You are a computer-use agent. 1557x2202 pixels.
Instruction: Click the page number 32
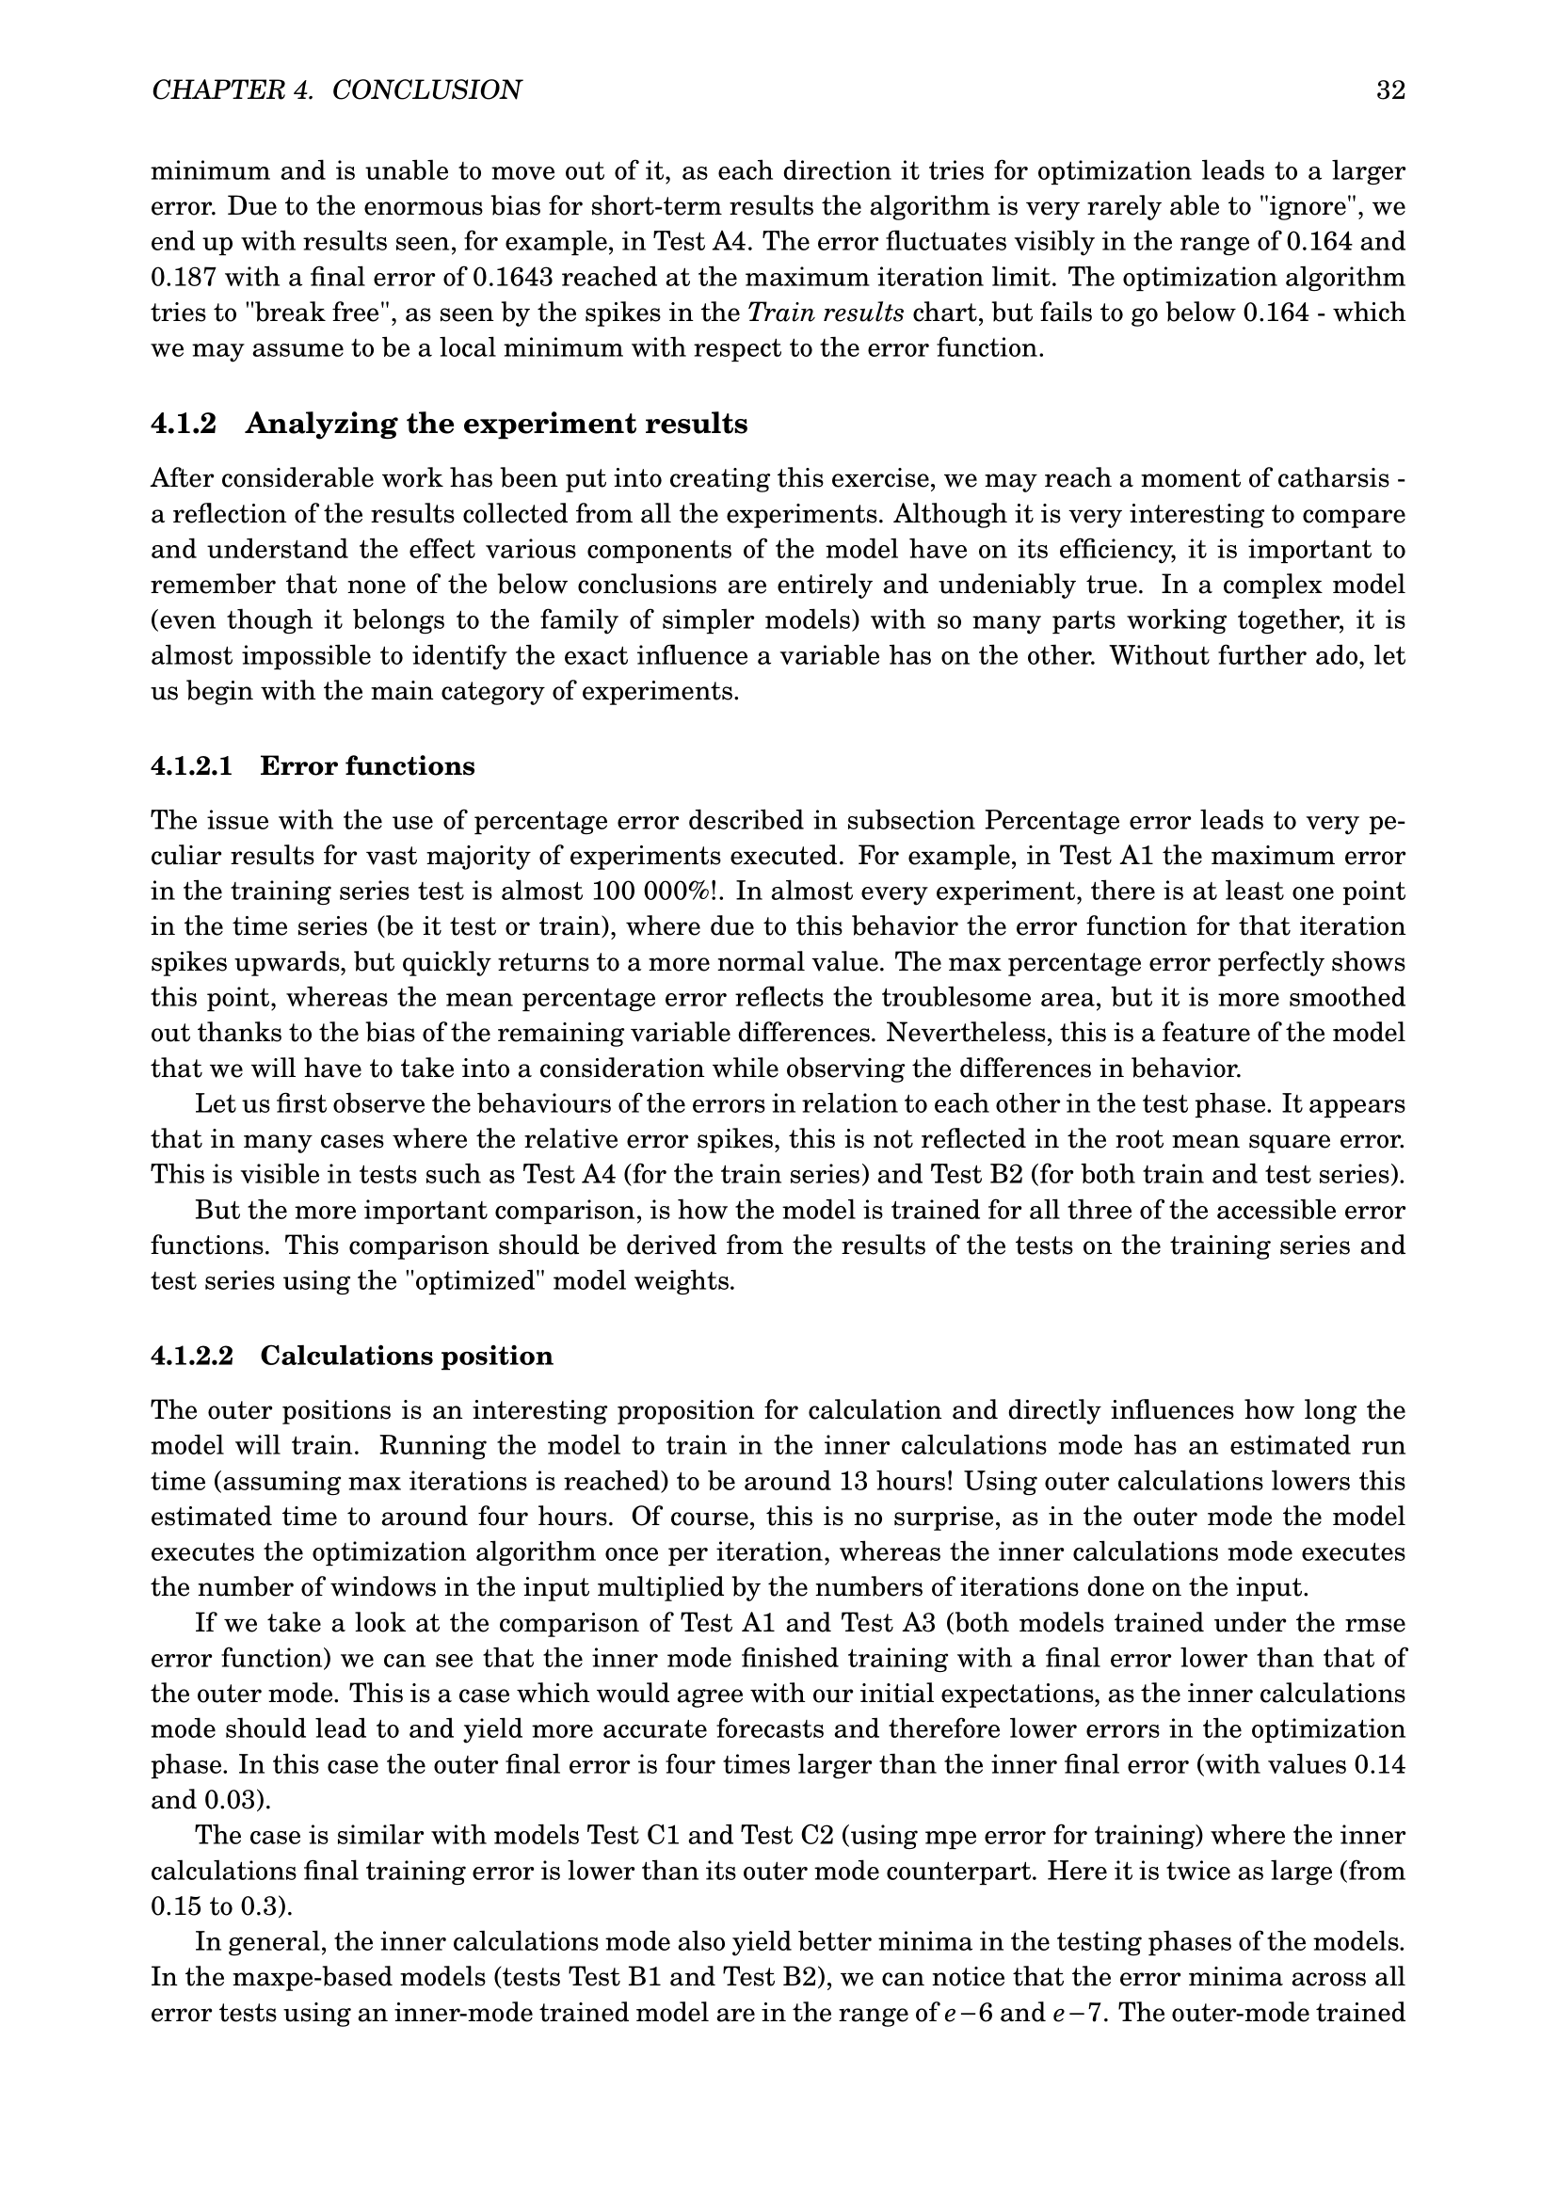(1390, 91)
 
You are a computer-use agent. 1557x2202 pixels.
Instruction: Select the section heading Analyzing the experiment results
(496, 424)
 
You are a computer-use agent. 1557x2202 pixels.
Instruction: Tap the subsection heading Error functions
(367, 766)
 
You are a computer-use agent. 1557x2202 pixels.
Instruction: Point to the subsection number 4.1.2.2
(193, 1356)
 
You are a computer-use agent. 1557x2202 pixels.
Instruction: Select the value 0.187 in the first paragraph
(185, 278)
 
